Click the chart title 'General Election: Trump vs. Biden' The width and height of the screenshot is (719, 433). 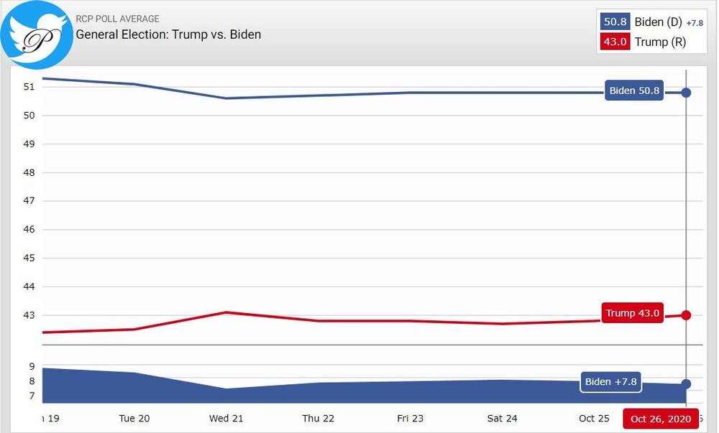click(168, 34)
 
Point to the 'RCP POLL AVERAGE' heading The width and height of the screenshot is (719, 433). click(117, 19)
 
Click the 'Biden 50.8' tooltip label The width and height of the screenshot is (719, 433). click(633, 91)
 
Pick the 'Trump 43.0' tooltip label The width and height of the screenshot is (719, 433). click(632, 313)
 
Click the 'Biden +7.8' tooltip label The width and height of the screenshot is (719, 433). click(610, 382)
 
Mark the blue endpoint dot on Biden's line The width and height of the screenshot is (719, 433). click(686, 93)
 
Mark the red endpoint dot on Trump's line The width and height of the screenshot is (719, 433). click(686, 315)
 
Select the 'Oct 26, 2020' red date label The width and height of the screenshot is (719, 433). click(660, 419)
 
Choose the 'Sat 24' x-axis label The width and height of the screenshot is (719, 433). click(503, 419)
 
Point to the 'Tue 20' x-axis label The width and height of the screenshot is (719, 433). click(134, 419)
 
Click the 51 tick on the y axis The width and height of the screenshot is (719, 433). click(29, 87)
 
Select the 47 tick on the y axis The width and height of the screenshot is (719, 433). click(29, 201)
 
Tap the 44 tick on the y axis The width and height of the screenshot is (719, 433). click(29, 287)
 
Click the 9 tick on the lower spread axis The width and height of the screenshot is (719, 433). click(32, 366)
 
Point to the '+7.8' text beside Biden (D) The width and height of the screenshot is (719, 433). click(695, 23)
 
